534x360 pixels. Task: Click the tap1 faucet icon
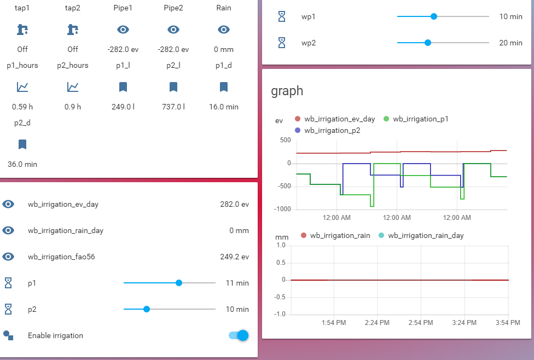pos(22,30)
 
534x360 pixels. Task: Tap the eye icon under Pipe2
pos(173,30)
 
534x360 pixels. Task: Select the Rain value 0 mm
pos(224,49)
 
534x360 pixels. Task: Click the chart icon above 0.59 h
pos(22,87)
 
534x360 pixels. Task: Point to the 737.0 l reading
pos(173,107)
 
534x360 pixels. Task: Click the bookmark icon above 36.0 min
pos(22,144)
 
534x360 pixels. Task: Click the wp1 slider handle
pos(433,16)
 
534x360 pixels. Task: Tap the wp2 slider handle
pos(428,43)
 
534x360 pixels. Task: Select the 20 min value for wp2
pos(510,43)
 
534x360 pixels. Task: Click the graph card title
pos(287,91)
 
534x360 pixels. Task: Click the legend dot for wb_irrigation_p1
pos(386,119)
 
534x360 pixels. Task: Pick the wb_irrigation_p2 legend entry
pos(327,130)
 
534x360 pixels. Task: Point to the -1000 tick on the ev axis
pos(282,209)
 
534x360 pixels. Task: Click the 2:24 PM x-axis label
pos(377,323)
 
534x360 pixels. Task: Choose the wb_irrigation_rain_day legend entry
pos(421,235)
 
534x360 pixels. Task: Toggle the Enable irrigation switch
pos(239,335)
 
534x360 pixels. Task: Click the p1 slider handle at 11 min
pos(179,283)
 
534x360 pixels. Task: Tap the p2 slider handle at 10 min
pos(147,309)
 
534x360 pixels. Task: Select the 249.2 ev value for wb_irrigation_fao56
pos(234,257)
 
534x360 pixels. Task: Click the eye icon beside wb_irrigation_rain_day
pos(8,230)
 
